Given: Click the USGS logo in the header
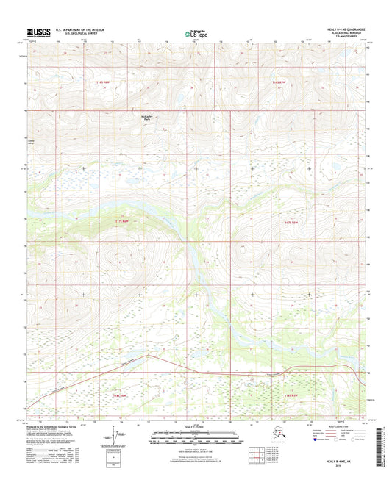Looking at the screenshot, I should click(40, 32).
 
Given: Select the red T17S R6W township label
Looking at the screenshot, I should click(122, 220).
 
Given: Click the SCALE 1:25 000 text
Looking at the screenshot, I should click(195, 426).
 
